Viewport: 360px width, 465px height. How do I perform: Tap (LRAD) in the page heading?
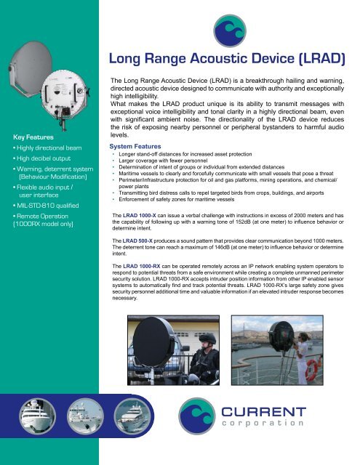click(318, 58)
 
